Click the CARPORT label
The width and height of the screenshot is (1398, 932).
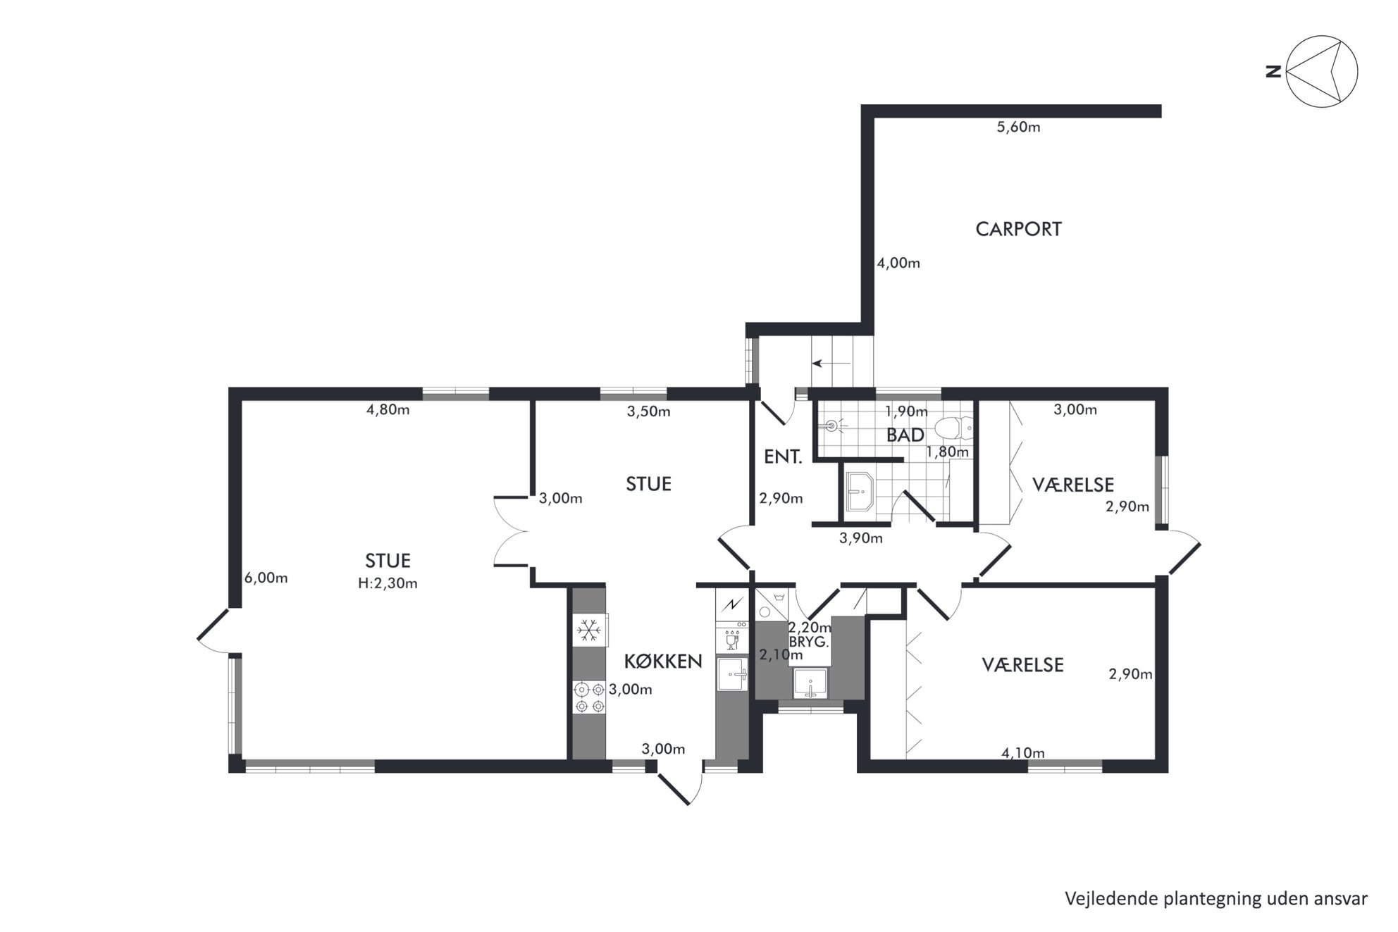coord(1018,229)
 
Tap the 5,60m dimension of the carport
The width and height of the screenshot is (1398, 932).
coord(1018,128)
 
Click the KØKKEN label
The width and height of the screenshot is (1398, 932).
coord(663,661)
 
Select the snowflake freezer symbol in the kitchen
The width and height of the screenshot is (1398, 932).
coord(589,630)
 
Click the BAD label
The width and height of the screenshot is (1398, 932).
coord(905,435)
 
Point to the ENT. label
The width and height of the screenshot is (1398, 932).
coord(783,457)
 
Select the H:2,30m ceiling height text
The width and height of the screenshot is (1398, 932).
coord(388,583)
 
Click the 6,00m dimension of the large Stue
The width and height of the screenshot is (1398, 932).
coord(266,578)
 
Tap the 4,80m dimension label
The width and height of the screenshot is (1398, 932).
coord(388,410)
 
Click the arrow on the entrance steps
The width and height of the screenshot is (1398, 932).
coord(831,364)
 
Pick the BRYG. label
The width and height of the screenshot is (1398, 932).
coord(809,642)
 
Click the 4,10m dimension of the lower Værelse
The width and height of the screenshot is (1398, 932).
coord(1022,753)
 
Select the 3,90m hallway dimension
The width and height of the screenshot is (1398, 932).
coord(860,538)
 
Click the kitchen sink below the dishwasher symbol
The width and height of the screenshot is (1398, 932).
coord(731,675)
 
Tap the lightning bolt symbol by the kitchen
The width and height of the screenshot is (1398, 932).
coord(731,604)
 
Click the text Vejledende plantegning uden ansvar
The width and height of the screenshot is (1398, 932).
coord(1216,899)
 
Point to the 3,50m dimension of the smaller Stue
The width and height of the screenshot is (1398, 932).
coord(648,411)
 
